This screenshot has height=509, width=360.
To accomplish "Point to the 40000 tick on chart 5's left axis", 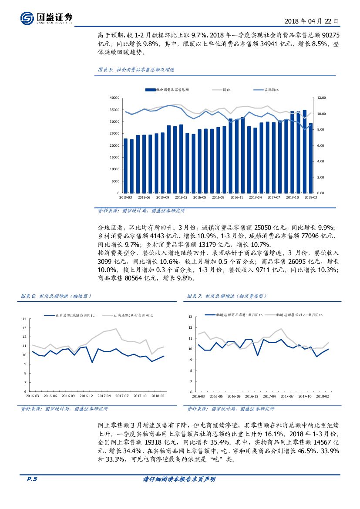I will click(x=114, y=98).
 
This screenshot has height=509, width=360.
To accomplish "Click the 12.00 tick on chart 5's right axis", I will click(x=321, y=98).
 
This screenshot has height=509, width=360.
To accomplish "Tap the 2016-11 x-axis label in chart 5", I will click(x=236, y=197).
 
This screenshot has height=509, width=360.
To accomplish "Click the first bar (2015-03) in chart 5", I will click(x=126, y=166).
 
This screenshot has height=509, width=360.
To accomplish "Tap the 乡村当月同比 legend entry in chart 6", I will click(x=133, y=314).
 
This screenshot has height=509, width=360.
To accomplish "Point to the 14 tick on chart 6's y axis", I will click(x=24, y=320).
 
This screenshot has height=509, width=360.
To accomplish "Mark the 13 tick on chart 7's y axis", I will click(x=190, y=317).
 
